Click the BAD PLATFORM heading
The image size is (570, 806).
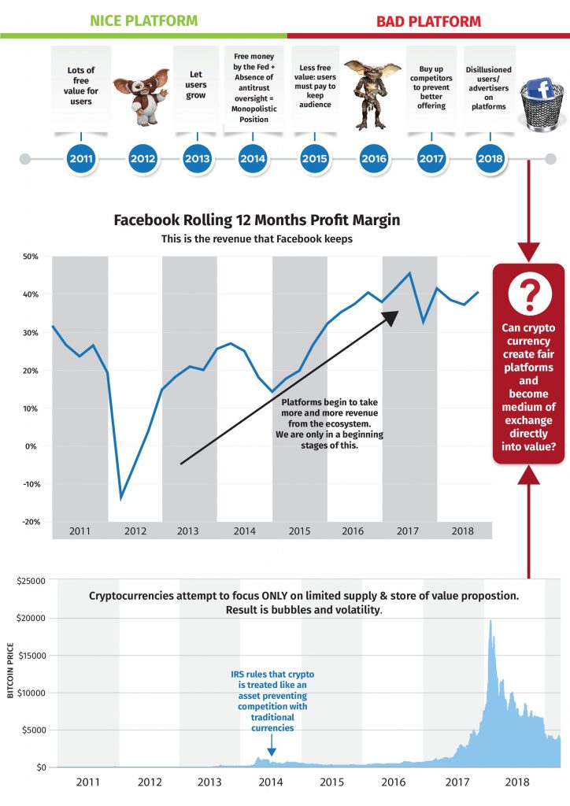point(428,20)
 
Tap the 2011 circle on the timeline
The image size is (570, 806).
point(81,158)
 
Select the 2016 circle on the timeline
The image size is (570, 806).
point(374,158)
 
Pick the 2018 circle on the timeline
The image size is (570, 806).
point(490,158)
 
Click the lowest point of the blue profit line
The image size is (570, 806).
point(121,497)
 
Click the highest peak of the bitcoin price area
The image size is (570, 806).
point(490,622)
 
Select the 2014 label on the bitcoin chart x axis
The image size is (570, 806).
point(270,782)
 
